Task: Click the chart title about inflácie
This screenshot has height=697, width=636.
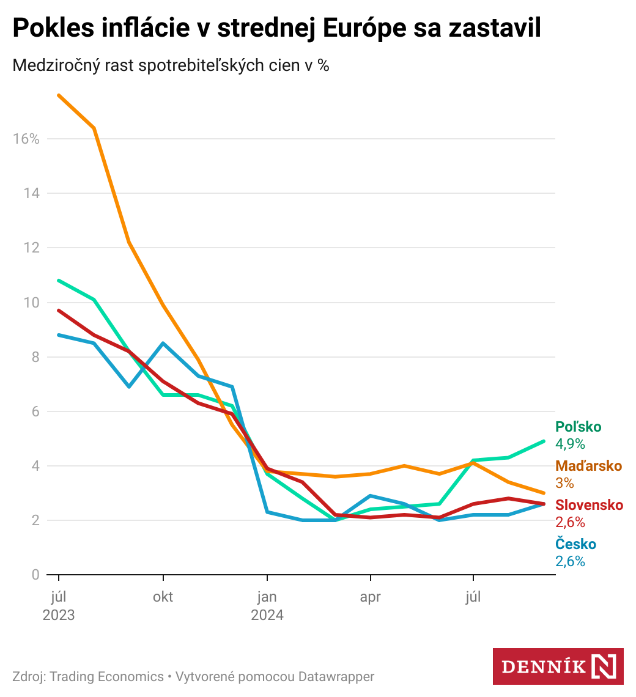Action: [x=276, y=29]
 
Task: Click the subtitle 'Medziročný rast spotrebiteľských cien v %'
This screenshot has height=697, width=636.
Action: [x=171, y=65]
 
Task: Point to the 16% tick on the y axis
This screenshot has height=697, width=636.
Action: [x=26, y=139]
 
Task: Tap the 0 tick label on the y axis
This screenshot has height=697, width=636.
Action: [x=35, y=575]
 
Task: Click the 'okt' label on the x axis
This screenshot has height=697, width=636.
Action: [x=163, y=597]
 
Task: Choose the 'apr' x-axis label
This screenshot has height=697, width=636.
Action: [x=370, y=597]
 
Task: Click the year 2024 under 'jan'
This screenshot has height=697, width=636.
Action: [x=267, y=615]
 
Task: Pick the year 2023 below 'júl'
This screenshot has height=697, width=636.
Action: [x=59, y=615]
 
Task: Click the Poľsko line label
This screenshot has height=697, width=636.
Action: [x=578, y=427]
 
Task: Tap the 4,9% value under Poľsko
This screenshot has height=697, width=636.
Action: [x=570, y=444]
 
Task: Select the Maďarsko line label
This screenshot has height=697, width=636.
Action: [x=588, y=466]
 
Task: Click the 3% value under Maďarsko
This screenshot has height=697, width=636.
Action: [x=564, y=483]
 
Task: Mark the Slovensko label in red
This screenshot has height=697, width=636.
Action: [x=589, y=505]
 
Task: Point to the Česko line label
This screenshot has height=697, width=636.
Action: [x=575, y=544]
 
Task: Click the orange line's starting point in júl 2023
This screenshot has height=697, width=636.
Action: [x=59, y=95]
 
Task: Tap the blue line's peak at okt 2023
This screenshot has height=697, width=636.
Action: [x=163, y=343]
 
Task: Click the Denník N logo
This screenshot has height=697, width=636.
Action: [x=558, y=666]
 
